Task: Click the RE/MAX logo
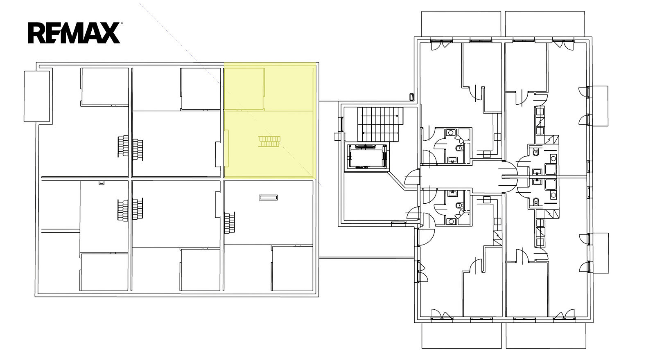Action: point(74,33)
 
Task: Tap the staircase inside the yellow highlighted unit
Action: point(269,142)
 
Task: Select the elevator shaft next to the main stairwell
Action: point(368,156)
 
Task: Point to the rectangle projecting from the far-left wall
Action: point(37,96)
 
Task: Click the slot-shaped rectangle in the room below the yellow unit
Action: point(268,198)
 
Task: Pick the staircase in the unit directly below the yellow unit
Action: point(230,223)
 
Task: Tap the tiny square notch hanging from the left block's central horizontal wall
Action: point(102,182)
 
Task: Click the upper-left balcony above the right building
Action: point(461,24)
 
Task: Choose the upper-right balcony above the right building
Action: point(545,24)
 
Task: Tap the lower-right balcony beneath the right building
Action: point(546,335)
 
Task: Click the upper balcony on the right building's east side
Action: point(600,106)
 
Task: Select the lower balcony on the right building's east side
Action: point(601,253)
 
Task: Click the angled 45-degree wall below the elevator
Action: point(396,180)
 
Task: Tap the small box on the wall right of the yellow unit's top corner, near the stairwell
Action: point(412,97)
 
